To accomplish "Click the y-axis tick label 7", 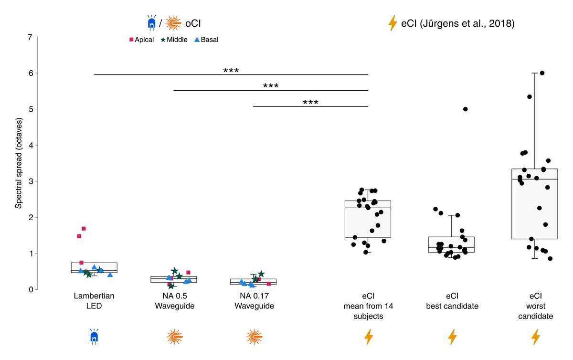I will (30, 37).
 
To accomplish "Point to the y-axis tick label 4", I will (30, 145).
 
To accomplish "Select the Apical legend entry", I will (141, 40).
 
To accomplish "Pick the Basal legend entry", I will (206, 40).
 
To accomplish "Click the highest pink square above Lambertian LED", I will (84, 229).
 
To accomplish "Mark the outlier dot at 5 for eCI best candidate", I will (466, 109).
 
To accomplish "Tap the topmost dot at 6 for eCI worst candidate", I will (542, 73).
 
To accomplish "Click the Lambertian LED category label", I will (94, 301).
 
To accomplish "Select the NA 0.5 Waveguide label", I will (174, 301).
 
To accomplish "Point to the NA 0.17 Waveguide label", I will (254, 301).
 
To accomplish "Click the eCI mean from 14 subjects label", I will (368, 306).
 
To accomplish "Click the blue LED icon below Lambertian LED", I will (94, 337).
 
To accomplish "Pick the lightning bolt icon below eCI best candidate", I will (452, 337).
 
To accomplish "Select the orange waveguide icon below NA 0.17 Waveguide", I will (254, 337).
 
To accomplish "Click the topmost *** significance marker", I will (231, 71).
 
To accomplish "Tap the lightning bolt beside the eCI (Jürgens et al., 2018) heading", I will (393, 23).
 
